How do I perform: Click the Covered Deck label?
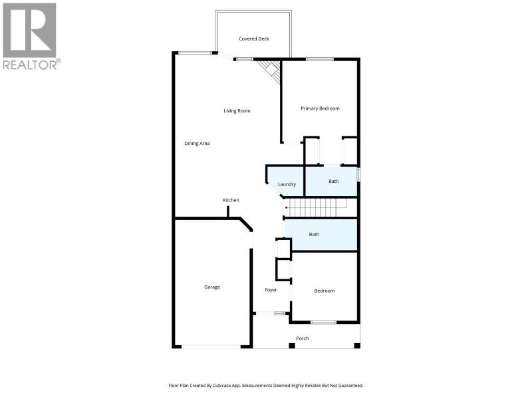[x=254, y=39]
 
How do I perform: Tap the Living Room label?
[x=237, y=110]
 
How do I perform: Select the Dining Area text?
[x=197, y=144]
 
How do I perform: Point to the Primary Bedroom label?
[x=320, y=108]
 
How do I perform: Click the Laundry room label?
[x=287, y=184]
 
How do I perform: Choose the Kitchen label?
[x=231, y=200]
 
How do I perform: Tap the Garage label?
[x=212, y=287]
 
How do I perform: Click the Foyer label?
[x=271, y=290]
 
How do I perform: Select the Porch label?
[x=303, y=338]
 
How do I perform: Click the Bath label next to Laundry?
[x=334, y=181]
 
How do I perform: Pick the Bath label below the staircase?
[x=314, y=234]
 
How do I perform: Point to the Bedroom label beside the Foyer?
[x=325, y=291]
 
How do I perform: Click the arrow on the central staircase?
[x=315, y=207]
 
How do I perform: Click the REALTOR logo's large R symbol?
[x=29, y=30]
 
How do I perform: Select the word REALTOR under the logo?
[x=30, y=65]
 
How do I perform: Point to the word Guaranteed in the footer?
[x=351, y=386]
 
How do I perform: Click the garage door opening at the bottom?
[x=211, y=346]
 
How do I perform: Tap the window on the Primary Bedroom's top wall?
[x=319, y=59]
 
